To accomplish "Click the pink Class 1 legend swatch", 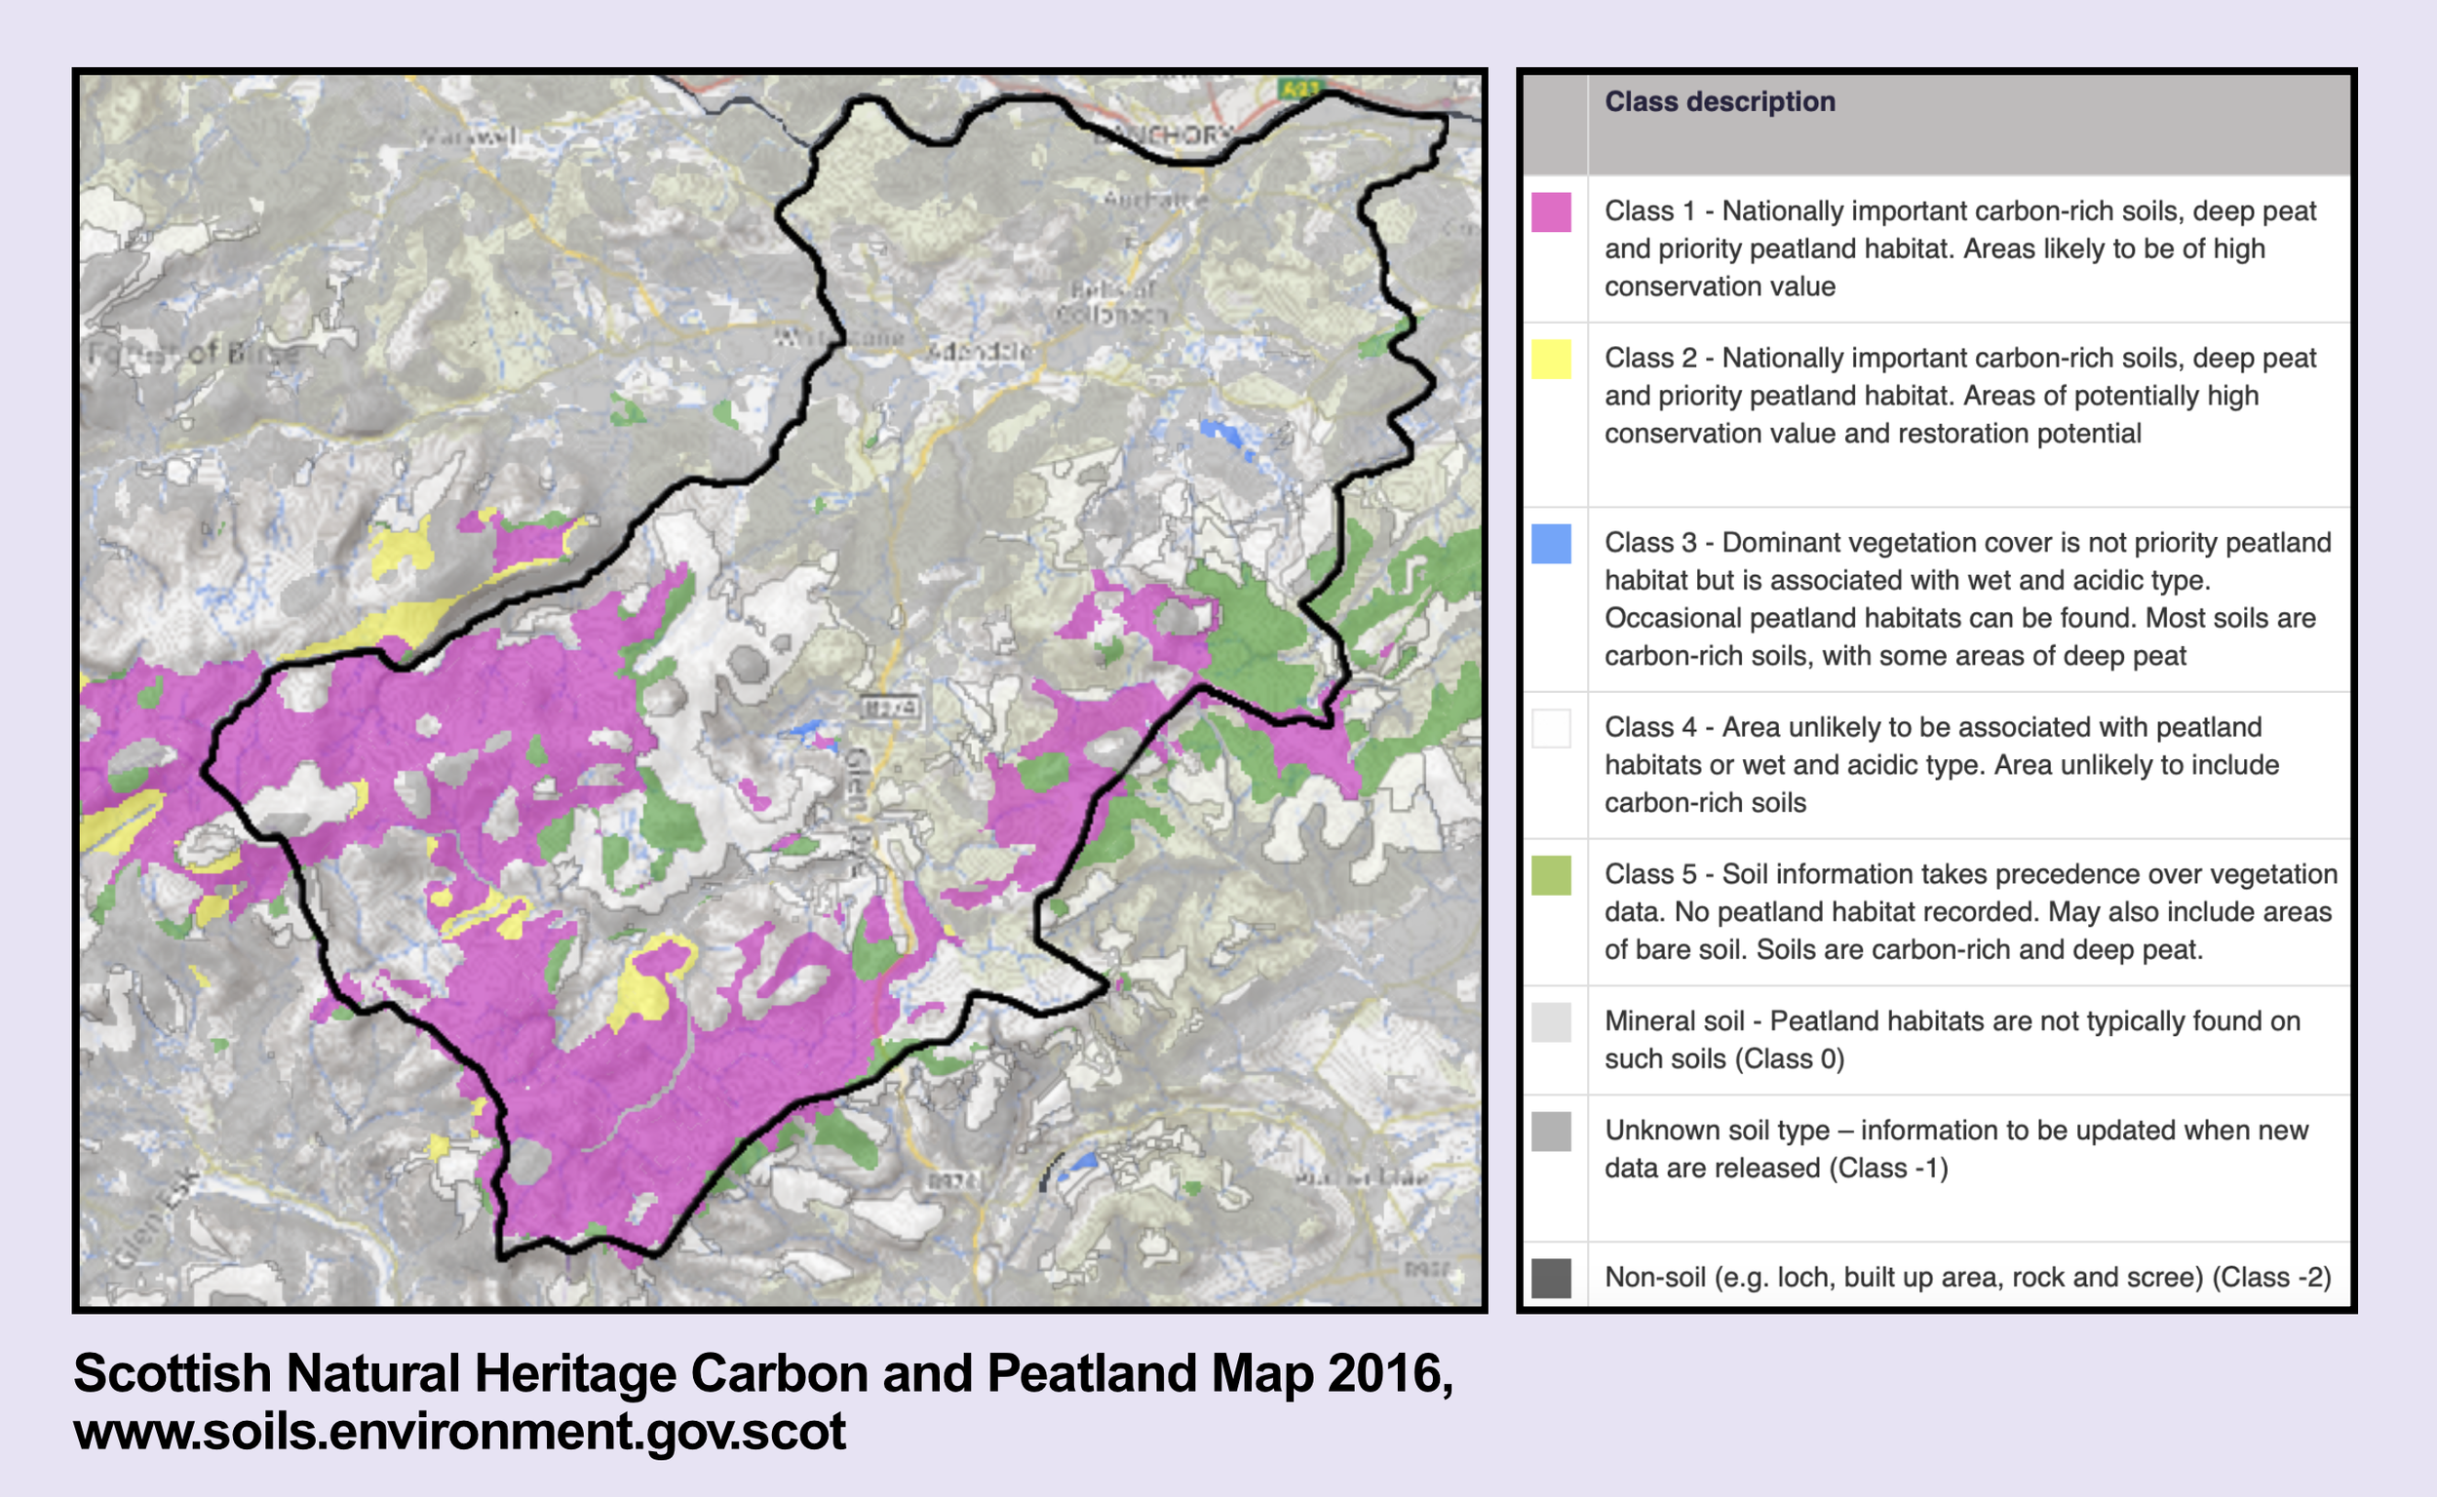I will (1551, 211).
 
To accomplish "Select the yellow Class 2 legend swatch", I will (1551, 359).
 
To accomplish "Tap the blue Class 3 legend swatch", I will (1551, 544).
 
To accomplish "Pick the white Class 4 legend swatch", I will (1551, 728).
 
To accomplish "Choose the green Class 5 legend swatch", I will (1551, 875).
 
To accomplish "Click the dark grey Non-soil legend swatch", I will (1551, 1277).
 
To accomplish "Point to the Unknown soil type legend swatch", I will (1551, 1131).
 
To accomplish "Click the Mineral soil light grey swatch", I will (1551, 1021).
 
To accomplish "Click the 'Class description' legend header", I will (1720, 102).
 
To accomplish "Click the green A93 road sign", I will (1298, 88).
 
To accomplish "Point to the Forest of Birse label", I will (194, 353).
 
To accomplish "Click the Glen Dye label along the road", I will (858, 792).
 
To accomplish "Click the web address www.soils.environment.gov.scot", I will (459, 1432).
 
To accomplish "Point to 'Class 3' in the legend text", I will (1649, 543).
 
